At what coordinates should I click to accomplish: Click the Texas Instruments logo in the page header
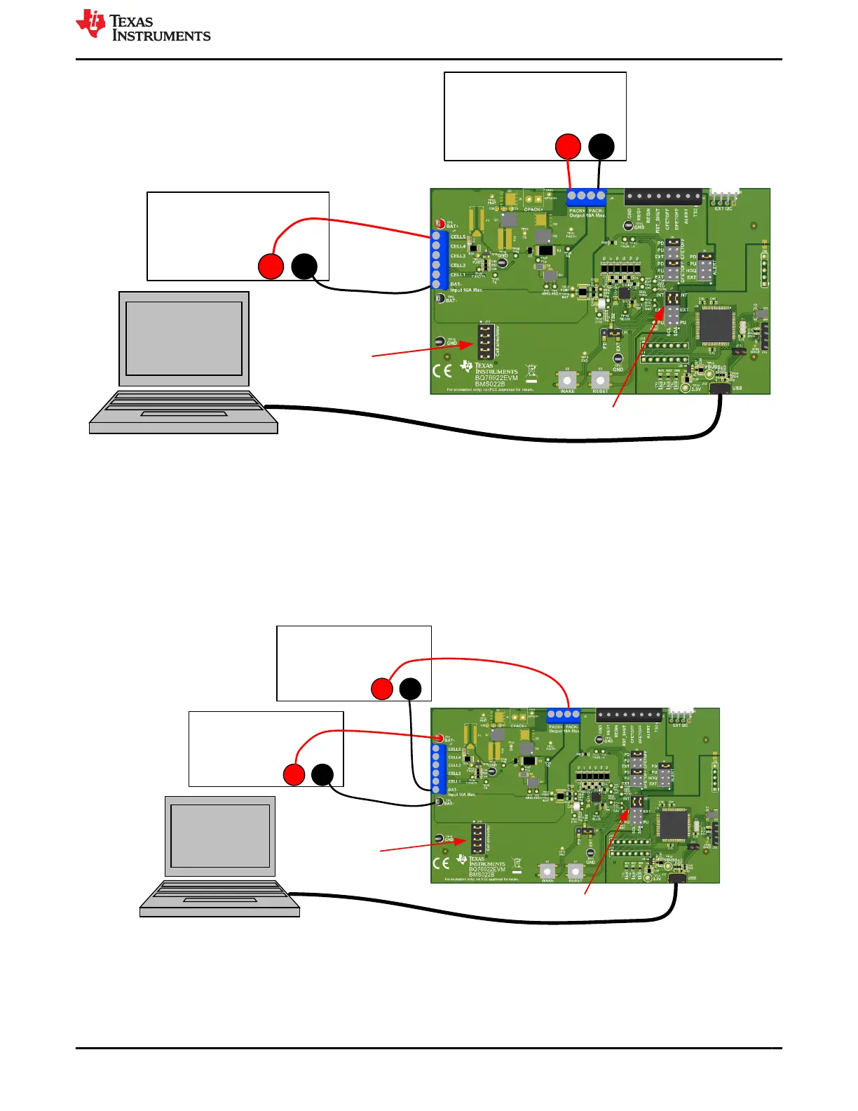click(x=143, y=26)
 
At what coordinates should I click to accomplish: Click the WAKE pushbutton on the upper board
click(x=567, y=379)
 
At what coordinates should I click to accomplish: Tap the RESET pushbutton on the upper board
click(x=600, y=379)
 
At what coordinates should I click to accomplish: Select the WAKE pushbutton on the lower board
click(x=547, y=870)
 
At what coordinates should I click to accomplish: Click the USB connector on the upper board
click(x=721, y=388)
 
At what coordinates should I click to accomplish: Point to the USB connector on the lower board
click(x=677, y=877)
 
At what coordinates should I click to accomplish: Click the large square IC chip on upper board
click(x=716, y=326)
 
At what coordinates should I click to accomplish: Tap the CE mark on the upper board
click(x=442, y=371)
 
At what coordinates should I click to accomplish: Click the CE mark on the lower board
click(x=441, y=863)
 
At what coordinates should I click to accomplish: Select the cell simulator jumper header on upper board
click(x=484, y=342)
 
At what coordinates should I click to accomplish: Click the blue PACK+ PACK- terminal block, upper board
click(x=586, y=196)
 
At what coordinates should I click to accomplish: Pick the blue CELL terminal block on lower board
click(x=437, y=769)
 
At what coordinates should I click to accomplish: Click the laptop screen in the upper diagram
click(x=184, y=339)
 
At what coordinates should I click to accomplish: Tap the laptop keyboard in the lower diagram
click(x=219, y=896)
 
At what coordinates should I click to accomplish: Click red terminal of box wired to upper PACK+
click(x=568, y=147)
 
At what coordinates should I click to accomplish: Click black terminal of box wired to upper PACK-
click(x=601, y=147)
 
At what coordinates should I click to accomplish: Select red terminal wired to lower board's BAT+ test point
click(x=294, y=775)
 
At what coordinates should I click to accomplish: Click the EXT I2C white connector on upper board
click(x=724, y=197)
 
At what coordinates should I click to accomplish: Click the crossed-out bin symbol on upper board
click(x=531, y=371)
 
